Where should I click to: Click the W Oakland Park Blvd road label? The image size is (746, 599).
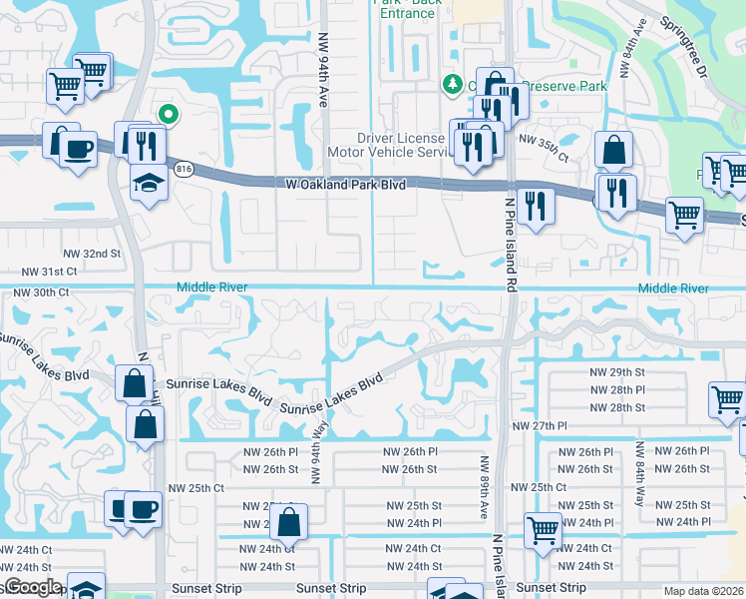[345, 185]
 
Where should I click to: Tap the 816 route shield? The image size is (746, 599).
[183, 170]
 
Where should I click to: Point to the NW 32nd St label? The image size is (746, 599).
[91, 255]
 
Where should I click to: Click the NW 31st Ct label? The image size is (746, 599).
[50, 272]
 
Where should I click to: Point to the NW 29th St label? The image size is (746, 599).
[617, 371]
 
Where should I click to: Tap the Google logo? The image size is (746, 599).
[32, 587]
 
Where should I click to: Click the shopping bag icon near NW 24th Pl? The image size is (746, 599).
[288, 521]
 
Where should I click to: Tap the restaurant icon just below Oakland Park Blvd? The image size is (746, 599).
[536, 206]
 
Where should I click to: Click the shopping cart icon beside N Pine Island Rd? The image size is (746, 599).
[543, 529]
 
